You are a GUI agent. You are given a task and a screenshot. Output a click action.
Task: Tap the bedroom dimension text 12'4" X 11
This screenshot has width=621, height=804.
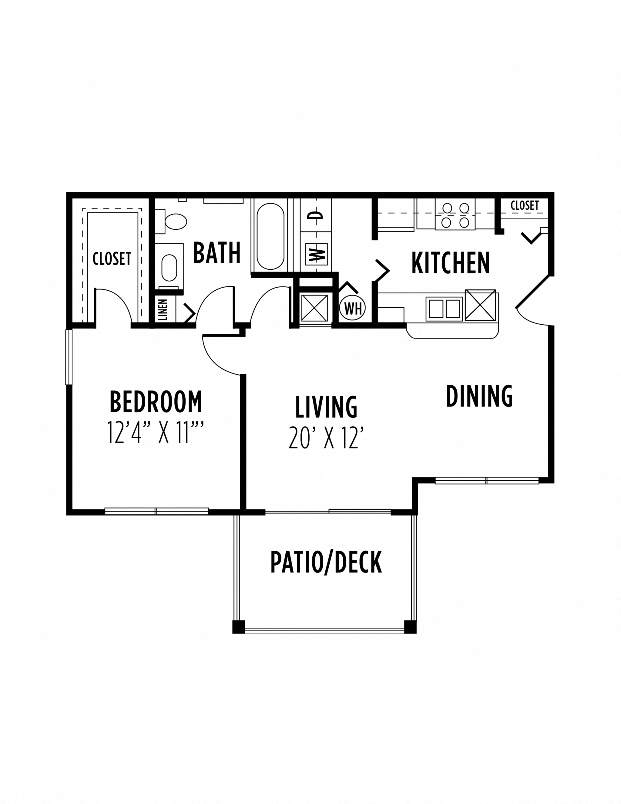(155, 433)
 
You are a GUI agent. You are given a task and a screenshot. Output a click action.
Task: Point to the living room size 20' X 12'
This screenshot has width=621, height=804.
(326, 438)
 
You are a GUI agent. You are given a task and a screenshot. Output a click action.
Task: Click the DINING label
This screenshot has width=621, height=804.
(479, 396)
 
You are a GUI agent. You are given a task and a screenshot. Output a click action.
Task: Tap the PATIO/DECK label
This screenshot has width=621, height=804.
(326, 562)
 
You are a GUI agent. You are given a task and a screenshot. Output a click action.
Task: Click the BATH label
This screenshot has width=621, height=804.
(217, 253)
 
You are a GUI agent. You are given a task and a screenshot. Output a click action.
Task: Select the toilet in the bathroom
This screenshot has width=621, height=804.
(175, 221)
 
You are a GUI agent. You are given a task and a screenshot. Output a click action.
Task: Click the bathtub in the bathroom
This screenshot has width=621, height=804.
(270, 236)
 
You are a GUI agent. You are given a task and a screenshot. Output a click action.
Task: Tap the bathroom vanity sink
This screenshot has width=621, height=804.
(169, 267)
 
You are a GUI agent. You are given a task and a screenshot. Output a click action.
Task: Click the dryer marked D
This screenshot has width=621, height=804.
(316, 215)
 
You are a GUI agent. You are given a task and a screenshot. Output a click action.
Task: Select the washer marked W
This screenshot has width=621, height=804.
(316, 254)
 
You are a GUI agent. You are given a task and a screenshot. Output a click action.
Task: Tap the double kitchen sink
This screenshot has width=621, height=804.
(444, 309)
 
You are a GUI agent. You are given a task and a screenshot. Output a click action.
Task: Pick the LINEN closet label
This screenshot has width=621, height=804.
(163, 309)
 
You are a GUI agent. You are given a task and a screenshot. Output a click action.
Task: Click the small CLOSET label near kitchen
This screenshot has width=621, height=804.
(524, 205)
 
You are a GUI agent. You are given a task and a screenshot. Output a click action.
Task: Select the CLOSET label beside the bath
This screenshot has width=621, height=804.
(112, 259)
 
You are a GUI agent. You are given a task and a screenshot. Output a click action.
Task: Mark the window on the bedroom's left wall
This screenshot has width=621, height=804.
(69, 357)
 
